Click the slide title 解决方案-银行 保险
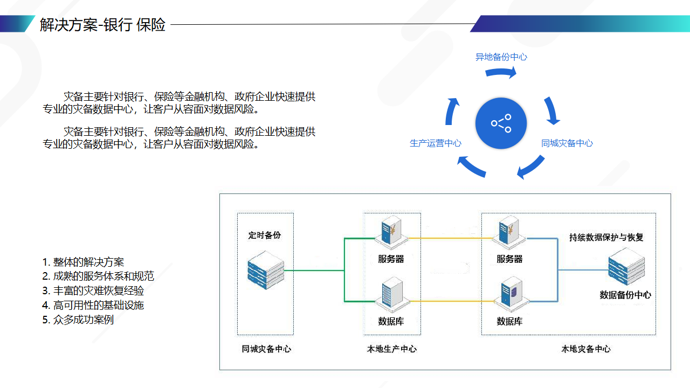click(x=102, y=24)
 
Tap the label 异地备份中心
click(x=501, y=57)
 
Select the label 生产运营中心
click(x=436, y=143)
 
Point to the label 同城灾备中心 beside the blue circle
click(x=567, y=143)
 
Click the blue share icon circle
click(x=501, y=123)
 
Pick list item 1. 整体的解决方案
click(x=83, y=262)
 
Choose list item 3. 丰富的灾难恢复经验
click(x=93, y=291)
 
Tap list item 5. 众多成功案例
click(x=78, y=320)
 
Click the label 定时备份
click(x=265, y=235)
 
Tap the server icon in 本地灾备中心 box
click(x=509, y=232)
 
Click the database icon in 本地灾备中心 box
click(x=509, y=294)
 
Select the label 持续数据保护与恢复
click(x=606, y=237)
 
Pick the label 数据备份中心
click(x=625, y=295)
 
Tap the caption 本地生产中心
click(x=392, y=349)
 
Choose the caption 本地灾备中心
click(x=586, y=349)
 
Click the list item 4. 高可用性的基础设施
click(x=93, y=306)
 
